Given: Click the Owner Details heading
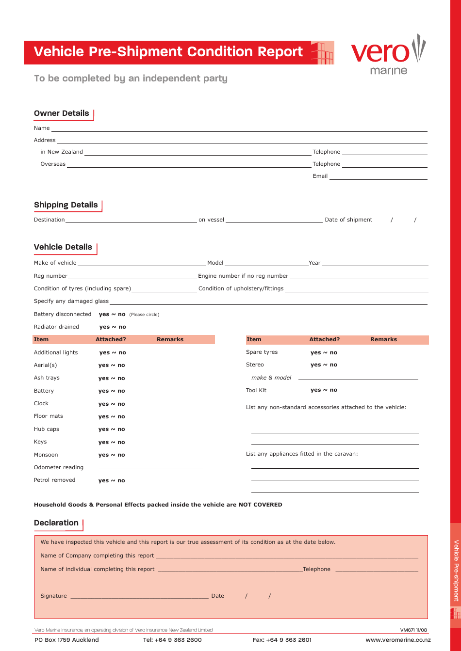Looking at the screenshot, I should click(62, 113).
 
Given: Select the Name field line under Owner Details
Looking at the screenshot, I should click(239, 129).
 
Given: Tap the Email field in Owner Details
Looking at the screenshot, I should click(378, 177).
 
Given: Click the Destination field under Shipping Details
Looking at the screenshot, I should click(131, 220).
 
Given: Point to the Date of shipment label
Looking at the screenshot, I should click(348, 220).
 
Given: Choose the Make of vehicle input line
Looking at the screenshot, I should click(142, 263).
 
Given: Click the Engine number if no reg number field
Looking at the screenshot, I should click(359, 276).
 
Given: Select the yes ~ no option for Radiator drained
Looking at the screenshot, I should click(113, 327).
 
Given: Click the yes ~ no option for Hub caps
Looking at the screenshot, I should click(112, 429).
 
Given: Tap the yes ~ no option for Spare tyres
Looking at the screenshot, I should click(324, 353).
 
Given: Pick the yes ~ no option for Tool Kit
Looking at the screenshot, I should click(324, 390).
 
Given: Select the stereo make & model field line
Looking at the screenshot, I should click(358, 378).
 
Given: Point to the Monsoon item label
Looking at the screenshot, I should click(46, 455).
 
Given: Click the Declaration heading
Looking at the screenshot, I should click(56, 523).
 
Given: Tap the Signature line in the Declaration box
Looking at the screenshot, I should click(139, 597).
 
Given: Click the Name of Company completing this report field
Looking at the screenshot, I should click(287, 556).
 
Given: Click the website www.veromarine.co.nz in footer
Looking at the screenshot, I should click(398, 640).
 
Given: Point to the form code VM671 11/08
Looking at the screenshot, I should click(413, 630).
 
